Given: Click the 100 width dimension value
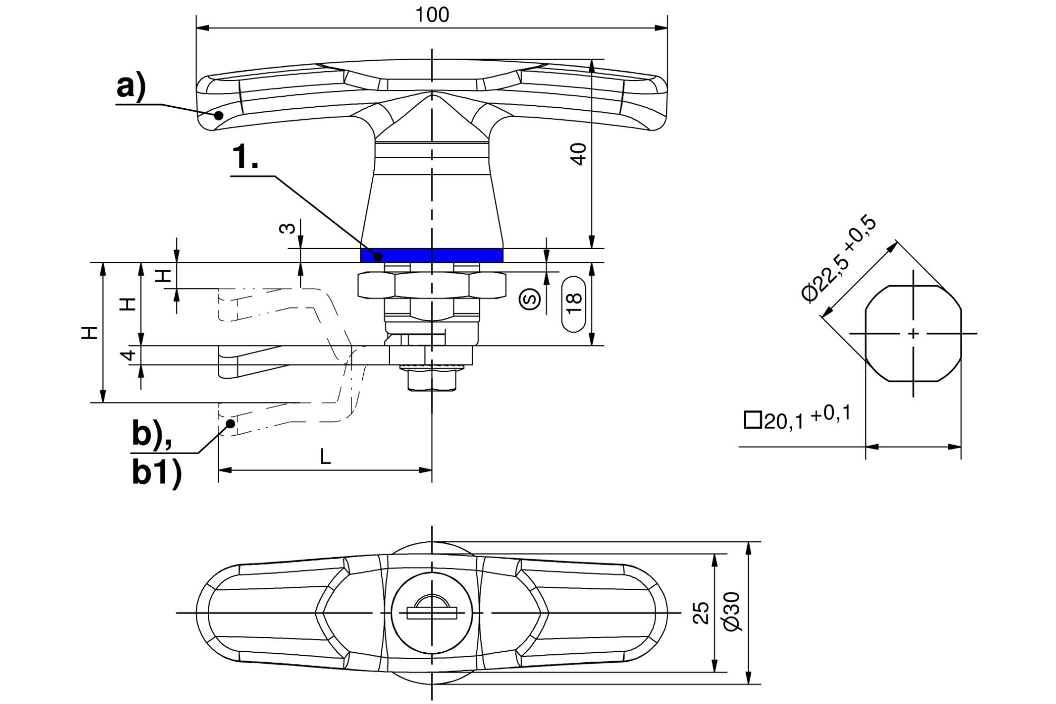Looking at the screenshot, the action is (432, 15).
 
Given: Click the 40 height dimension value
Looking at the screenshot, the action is (579, 154).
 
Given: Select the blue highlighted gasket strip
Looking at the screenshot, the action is (432, 255).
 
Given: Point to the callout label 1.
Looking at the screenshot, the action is (246, 157).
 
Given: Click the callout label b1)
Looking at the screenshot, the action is (157, 473).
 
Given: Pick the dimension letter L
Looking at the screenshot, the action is (326, 456).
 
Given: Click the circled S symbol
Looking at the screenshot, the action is (530, 299).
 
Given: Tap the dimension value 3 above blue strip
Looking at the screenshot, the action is (287, 228).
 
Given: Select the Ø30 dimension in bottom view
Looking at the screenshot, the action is (733, 611).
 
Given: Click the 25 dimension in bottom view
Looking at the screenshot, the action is (701, 613).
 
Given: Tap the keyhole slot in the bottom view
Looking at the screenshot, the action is (432, 613).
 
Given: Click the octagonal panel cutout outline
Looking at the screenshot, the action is (864, 334).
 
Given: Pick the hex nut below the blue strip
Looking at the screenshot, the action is (432, 286).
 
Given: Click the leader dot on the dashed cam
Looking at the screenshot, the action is (231, 423).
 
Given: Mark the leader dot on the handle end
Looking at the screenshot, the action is (219, 115).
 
